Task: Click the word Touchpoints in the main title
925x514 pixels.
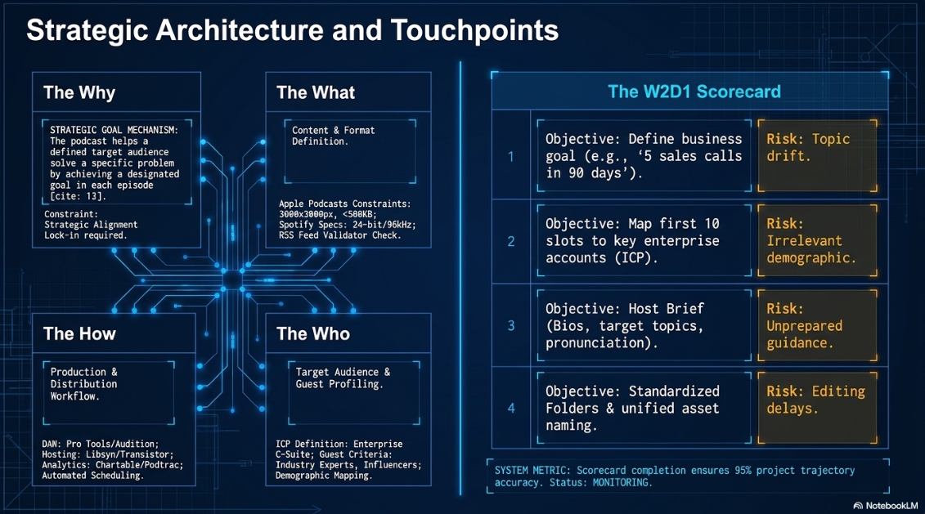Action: (x=474, y=31)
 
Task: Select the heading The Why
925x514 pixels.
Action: (x=79, y=92)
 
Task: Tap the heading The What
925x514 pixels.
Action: (x=316, y=92)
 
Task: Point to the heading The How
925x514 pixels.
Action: (x=79, y=333)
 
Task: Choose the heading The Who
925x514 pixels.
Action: (x=313, y=333)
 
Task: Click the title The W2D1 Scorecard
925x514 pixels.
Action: (x=694, y=92)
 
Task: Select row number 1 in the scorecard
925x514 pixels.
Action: (x=511, y=156)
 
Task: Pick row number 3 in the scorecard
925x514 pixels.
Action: (x=511, y=325)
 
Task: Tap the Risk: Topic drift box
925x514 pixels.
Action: (x=817, y=155)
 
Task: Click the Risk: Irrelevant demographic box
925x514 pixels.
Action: (x=817, y=240)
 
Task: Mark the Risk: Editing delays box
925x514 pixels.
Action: (x=817, y=408)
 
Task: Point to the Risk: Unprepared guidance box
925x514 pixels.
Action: (x=817, y=325)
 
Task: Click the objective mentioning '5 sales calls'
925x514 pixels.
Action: (x=644, y=155)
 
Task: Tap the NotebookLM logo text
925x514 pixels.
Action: (x=886, y=506)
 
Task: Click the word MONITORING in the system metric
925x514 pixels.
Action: (x=621, y=483)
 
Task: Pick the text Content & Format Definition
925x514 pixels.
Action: (x=334, y=136)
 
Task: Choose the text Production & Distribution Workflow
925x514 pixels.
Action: (x=83, y=384)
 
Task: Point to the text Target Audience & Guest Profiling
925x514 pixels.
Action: (x=343, y=378)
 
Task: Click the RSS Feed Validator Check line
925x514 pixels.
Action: (x=339, y=235)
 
